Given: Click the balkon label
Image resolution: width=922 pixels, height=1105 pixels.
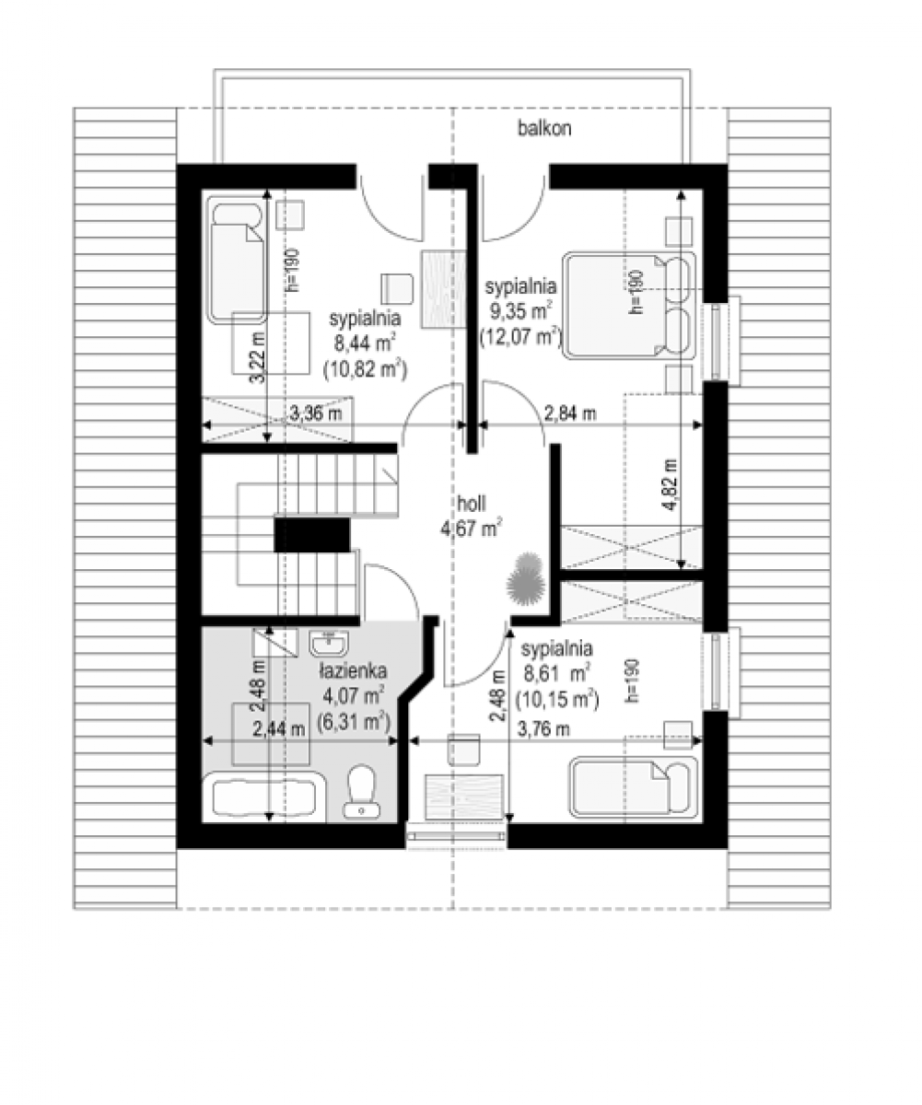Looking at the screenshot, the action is point(544,129).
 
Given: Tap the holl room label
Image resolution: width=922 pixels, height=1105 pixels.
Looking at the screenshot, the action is point(471,504).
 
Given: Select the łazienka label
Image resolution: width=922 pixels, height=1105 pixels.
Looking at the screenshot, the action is point(353,671).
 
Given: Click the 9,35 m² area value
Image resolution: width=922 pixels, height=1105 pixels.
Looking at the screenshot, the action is point(520,311).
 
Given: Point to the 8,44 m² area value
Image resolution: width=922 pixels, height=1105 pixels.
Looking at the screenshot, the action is point(365,343).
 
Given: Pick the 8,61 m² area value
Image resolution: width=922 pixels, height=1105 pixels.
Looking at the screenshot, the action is point(555,674).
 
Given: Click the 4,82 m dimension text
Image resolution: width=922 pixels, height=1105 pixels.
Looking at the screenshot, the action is point(671,484).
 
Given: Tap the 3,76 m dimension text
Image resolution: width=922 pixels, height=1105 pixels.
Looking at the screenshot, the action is point(543,729).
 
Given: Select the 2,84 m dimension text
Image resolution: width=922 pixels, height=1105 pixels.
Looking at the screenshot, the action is point(570,413).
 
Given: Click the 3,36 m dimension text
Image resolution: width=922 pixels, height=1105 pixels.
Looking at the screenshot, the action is point(315,413).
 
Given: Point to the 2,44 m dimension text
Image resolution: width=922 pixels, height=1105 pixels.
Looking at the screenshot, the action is point(279,729).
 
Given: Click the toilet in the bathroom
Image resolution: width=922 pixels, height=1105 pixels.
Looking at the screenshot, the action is point(361,792).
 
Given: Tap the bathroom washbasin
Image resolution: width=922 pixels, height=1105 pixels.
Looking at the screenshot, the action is point(329,644).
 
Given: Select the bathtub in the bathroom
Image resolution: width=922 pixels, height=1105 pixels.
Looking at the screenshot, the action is point(263,798).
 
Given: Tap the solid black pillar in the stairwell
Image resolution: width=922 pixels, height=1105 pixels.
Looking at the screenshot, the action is point(311,535).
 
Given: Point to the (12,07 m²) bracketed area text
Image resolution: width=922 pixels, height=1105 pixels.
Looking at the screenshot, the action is point(520,337).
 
